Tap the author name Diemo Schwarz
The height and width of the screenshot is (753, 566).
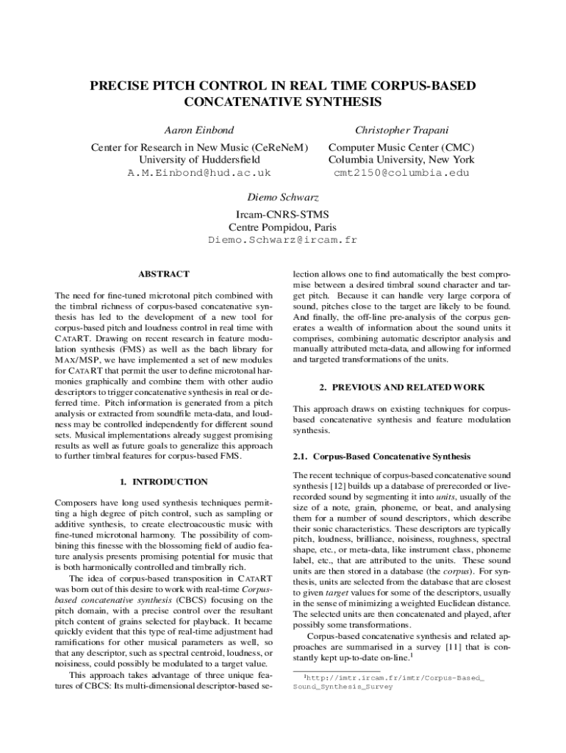tap(283, 198)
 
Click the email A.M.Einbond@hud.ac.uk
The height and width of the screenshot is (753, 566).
tap(199, 173)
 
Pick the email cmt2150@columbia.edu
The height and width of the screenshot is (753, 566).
tap(401, 173)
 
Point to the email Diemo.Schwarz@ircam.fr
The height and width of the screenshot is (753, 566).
tap(283, 240)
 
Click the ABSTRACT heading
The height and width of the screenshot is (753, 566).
tap(163, 274)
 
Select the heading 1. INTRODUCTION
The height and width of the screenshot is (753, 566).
tap(163, 482)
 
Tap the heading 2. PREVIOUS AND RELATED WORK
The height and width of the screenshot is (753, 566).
tap(401, 387)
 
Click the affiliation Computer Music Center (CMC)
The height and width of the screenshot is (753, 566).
tap(401, 146)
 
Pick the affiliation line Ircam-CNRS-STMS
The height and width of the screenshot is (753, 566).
tap(283, 214)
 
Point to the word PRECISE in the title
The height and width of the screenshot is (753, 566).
tap(118, 86)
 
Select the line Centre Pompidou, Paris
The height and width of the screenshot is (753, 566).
tap(283, 227)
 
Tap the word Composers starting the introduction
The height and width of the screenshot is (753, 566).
tap(79, 503)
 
